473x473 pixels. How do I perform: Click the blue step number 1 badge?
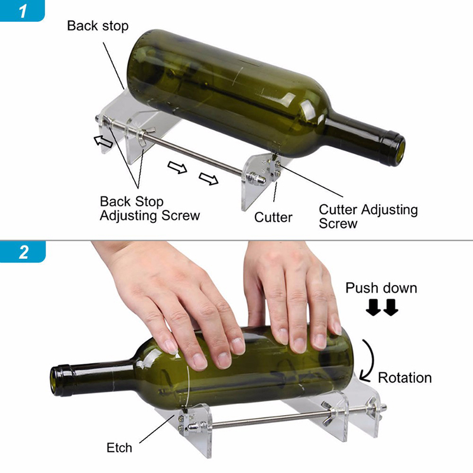click(x=22, y=10)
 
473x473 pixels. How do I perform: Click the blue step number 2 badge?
click(x=22, y=252)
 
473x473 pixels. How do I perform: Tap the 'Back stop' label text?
click(x=98, y=26)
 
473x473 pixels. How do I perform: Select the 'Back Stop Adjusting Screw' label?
click(x=150, y=209)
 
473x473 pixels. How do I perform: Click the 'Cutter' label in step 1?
click(x=273, y=217)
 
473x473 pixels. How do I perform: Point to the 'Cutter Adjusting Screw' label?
click(x=368, y=216)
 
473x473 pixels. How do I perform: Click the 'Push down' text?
click(x=381, y=288)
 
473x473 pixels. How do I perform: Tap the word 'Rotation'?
click(x=405, y=378)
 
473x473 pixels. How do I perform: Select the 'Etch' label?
click(x=119, y=448)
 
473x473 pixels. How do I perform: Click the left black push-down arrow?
click(x=373, y=307)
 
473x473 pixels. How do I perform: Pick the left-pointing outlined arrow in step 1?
click(x=103, y=141)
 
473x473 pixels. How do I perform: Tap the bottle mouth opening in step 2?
click(x=54, y=381)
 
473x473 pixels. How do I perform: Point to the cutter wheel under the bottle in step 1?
click(x=274, y=157)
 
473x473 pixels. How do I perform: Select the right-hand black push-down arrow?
click(x=391, y=307)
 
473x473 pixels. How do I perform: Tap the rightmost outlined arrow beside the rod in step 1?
click(x=209, y=179)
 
